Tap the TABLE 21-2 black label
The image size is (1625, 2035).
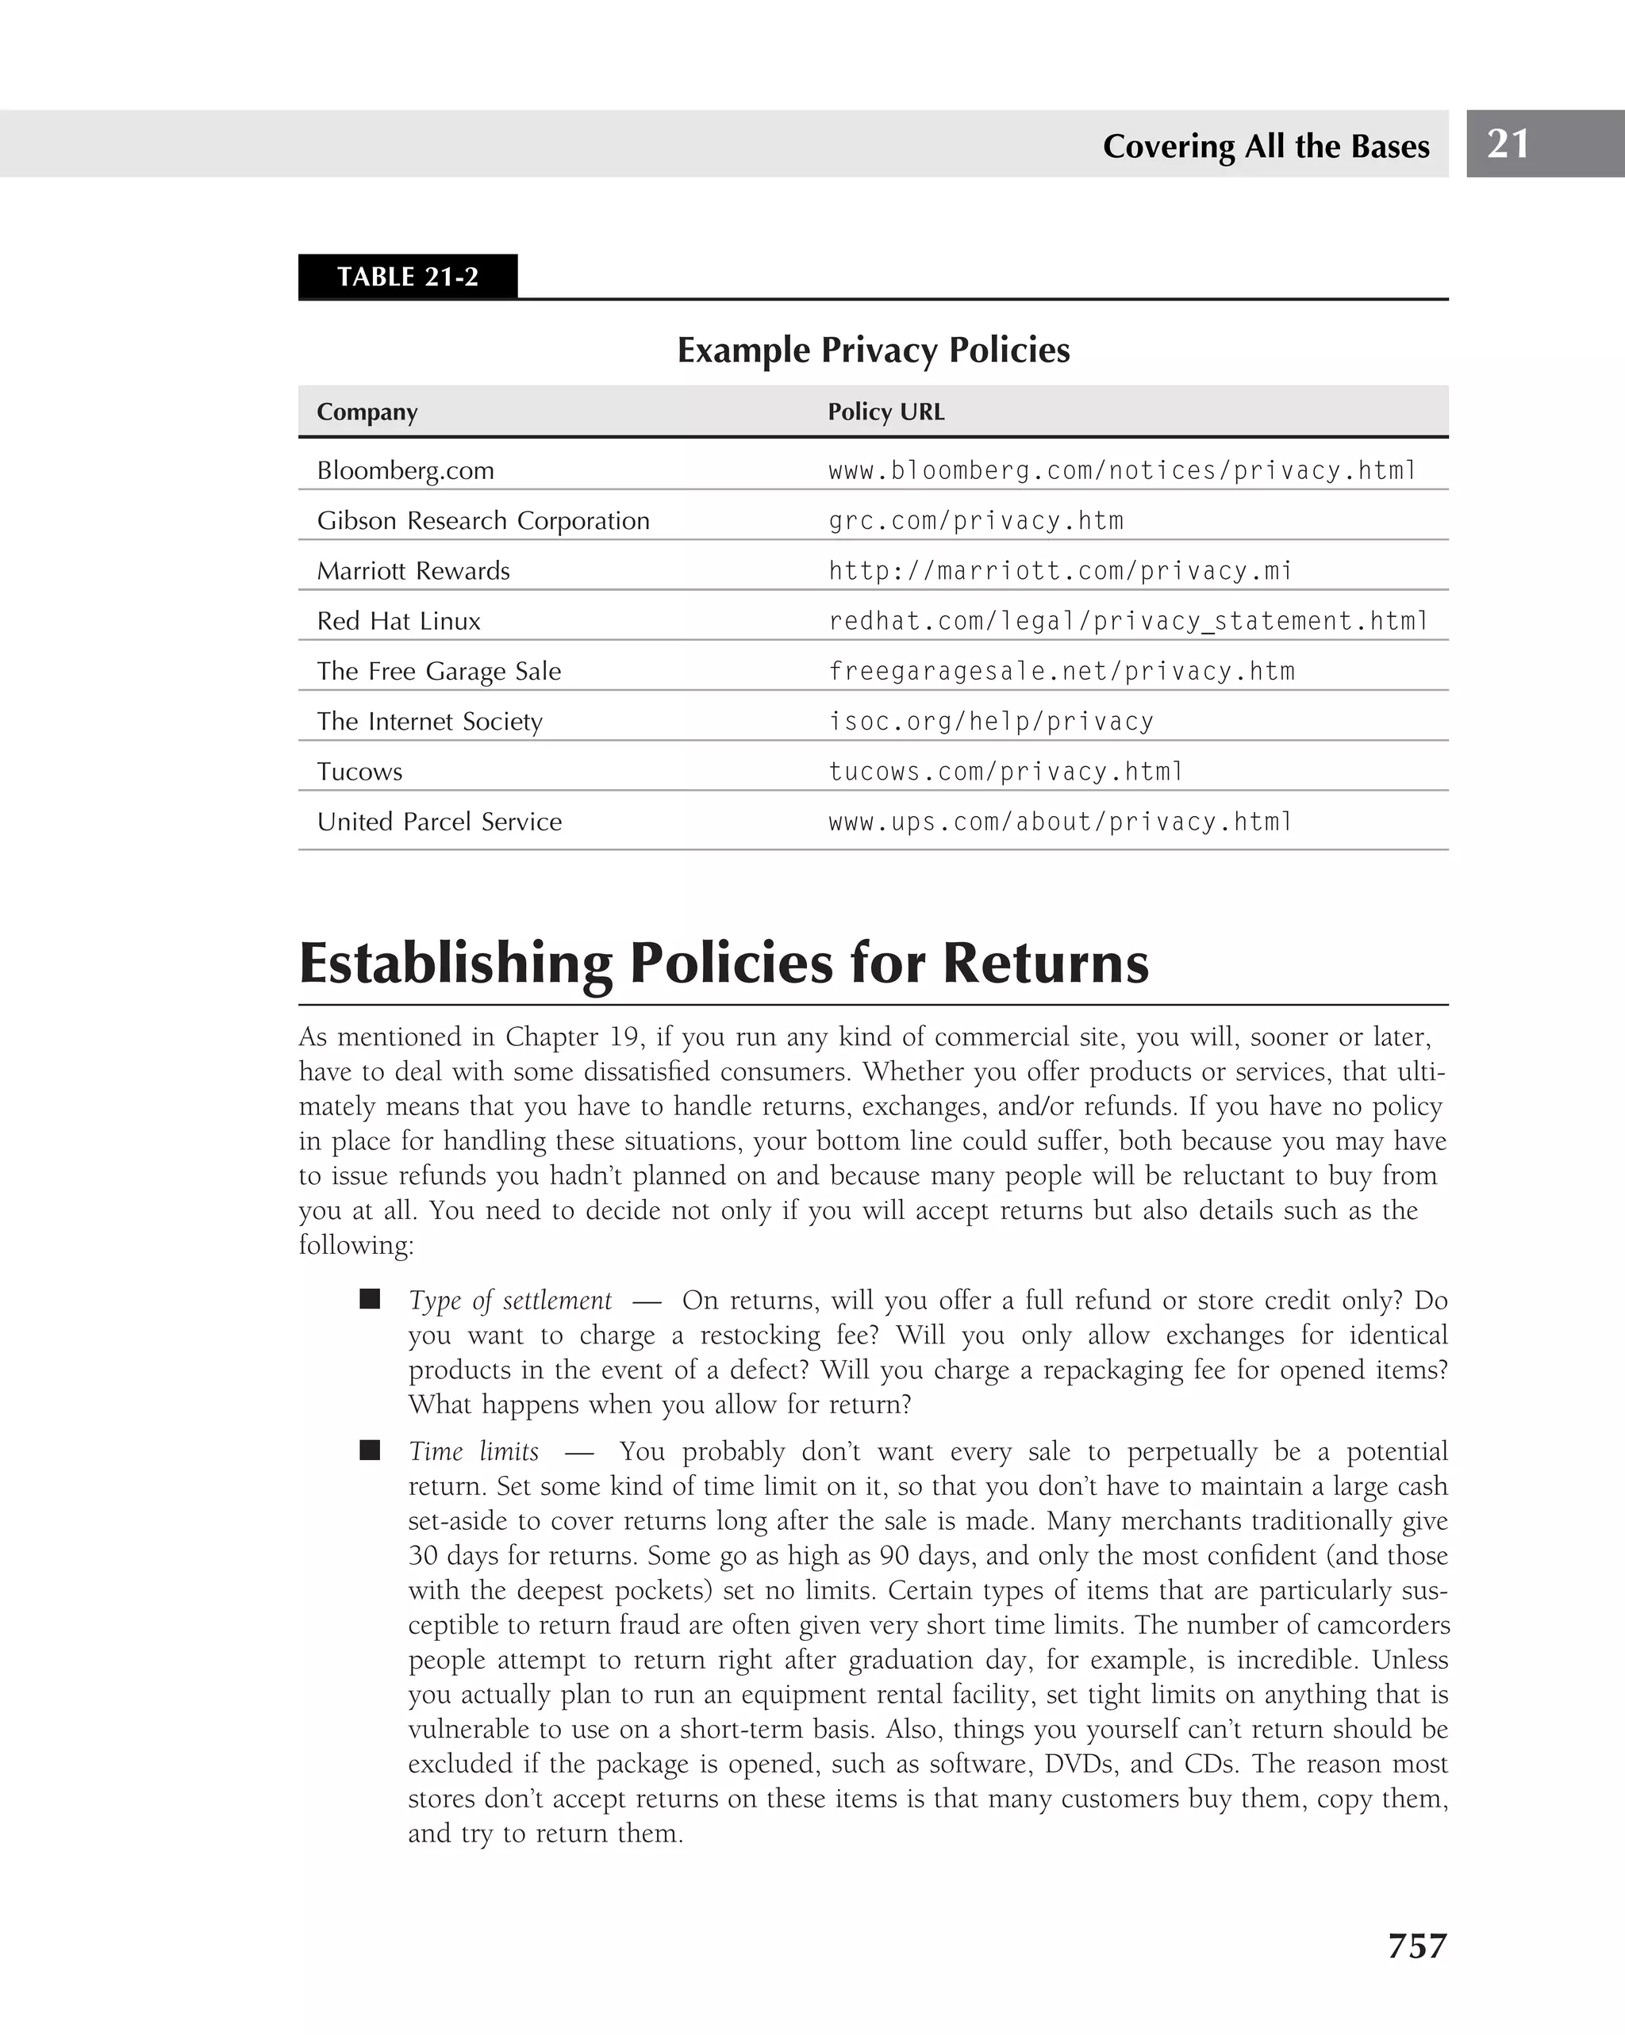(407, 277)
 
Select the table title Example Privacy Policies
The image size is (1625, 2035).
(874, 351)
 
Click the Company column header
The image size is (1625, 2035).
(367, 412)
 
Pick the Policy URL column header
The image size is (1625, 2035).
(885, 412)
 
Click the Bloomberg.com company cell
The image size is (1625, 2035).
(405, 470)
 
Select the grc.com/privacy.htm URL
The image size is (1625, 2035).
(975, 521)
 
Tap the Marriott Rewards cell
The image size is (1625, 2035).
(413, 571)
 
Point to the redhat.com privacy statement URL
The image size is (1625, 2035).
(1128, 621)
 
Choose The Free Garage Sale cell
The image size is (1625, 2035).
(439, 671)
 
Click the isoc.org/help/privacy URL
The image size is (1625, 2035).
(990, 722)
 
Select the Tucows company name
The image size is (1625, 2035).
(359, 772)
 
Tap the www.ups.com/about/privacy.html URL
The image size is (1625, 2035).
(1059, 822)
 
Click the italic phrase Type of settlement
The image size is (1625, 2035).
(510, 1301)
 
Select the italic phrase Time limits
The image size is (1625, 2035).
(473, 1451)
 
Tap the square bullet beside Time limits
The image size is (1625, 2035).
(369, 1450)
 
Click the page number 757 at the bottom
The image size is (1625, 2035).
(1416, 1946)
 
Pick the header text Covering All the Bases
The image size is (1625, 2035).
(1266, 146)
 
